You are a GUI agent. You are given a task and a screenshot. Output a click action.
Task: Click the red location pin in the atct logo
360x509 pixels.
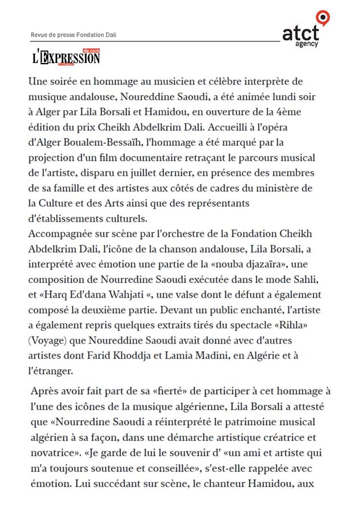pyautogui.click(x=322, y=17)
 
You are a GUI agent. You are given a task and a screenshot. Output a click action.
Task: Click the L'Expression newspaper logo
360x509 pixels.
pyautogui.click(x=66, y=57)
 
